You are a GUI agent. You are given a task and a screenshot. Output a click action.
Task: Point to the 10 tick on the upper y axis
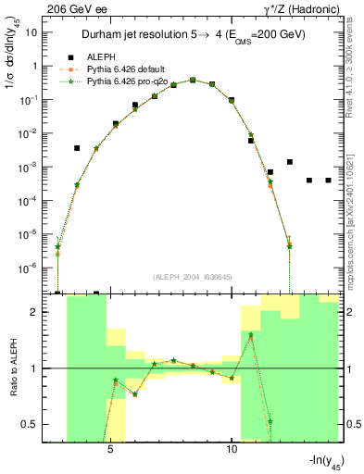pyautogui.click(x=31, y=32)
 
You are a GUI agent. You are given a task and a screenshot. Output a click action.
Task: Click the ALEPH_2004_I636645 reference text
pyautogui.click(x=195, y=277)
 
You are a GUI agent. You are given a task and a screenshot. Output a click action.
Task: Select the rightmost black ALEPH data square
pyautogui.click(x=328, y=181)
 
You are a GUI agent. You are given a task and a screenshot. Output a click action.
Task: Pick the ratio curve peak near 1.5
pyautogui.click(x=251, y=335)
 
